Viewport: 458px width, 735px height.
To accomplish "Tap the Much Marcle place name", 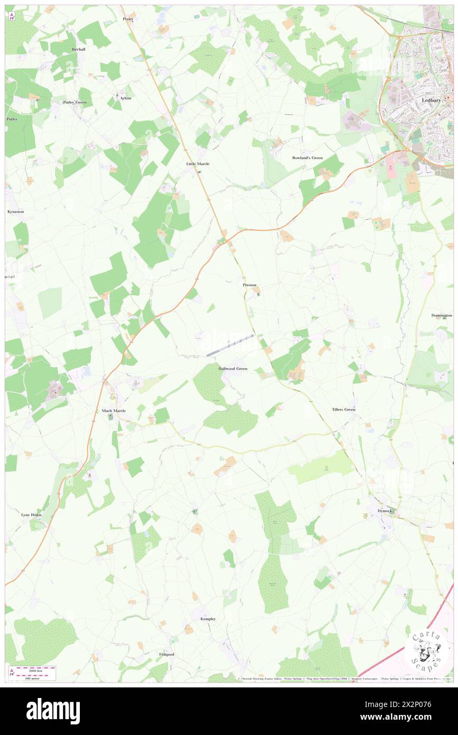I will pos(113,410).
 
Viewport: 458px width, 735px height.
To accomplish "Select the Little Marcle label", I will pos(198,164).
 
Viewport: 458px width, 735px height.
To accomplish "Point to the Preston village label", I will pos(249,285).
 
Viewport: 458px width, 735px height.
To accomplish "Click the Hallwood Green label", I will pos(233,368).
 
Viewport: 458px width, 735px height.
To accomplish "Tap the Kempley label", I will pos(208,619).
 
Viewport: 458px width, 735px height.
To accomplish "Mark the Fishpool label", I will pos(167,654).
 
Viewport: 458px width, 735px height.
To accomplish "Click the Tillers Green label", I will pos(344,410).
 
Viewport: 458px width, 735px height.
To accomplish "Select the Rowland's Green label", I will pos(307,158).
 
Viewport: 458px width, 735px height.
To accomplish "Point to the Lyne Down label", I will pos(31,514).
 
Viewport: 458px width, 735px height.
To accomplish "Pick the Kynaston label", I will pos(15,212).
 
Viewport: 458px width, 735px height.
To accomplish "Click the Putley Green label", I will pos(75,102).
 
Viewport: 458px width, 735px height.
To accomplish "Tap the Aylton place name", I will pos(125,98).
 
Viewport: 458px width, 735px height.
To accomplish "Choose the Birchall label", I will pos(78,49).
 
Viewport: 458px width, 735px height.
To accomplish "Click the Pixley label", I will pos(129,19).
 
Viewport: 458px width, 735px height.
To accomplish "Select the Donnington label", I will pos(442,316).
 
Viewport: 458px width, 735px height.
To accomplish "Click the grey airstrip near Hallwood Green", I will pos(230,345).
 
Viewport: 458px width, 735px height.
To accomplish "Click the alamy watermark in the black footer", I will pos(53,711).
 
